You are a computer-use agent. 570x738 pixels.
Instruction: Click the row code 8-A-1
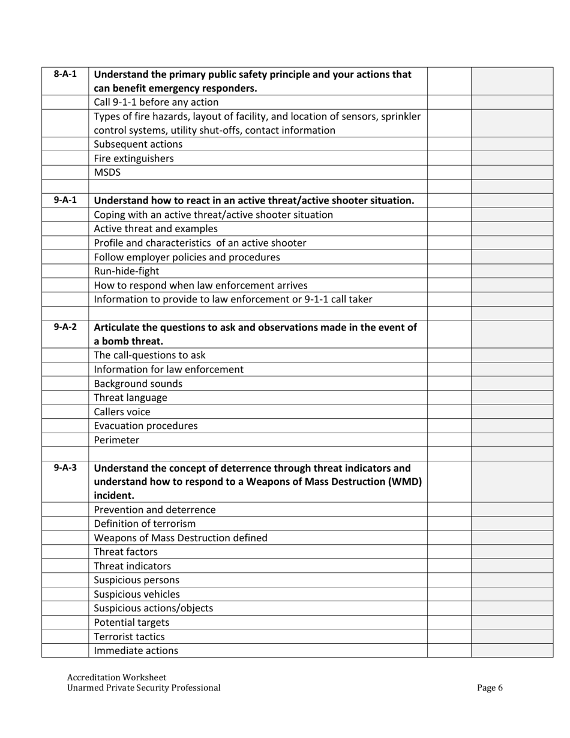point(65,74)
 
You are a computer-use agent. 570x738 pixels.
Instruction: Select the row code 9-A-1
point(65,200)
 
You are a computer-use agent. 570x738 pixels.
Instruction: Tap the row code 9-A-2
point(65,328)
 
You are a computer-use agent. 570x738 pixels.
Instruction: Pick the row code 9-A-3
point(65,468)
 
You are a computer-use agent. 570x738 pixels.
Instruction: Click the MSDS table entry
point(107,172)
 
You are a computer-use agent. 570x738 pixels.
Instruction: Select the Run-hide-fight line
point(127,271)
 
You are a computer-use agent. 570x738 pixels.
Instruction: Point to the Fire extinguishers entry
point(134,158)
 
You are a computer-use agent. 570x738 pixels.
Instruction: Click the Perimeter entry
point(116,440)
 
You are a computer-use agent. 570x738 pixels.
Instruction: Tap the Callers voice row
point(122,412)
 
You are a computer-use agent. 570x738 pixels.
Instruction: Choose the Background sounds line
point(138,383)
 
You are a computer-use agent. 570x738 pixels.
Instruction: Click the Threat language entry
point(131,397)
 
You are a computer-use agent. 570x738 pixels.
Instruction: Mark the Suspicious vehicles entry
point(137,594)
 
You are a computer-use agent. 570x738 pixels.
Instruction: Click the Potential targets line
point(131,622)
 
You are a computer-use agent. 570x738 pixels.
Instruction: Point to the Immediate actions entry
point(136,650)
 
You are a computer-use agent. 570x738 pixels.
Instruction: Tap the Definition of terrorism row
point(145,524)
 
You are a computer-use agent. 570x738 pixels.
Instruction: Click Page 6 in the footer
point(490,688)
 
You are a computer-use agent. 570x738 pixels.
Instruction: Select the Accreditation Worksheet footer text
point(116,677)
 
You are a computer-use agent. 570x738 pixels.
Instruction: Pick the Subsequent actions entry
point(138,145)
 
